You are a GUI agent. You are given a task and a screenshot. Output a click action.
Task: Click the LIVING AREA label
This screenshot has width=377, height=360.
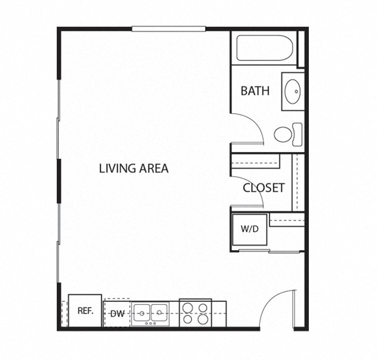click(x=134, y=168)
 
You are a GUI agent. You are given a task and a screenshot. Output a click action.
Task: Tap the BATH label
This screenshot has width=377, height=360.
click(x=255, y=91)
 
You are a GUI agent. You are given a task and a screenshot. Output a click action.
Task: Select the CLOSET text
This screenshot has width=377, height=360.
click(x=264, y=188)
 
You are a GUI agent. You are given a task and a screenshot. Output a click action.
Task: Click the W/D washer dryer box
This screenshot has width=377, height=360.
click(x=249, y=230)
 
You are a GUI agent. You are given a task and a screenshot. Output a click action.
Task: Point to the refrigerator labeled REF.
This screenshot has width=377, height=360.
click(x=85, y=310)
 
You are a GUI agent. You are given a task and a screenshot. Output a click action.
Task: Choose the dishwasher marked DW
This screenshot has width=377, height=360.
click(x=117, y=314)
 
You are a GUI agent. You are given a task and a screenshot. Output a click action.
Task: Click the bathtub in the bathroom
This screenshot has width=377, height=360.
click(x=264, y=48)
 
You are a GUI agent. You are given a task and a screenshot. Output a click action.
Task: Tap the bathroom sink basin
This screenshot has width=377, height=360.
click(x=293, y=92)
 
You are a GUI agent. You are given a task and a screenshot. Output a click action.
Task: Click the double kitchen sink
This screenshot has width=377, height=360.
click(x=150, y=313)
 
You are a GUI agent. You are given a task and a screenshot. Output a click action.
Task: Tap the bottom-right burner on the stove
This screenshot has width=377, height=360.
click(x=203, y=319)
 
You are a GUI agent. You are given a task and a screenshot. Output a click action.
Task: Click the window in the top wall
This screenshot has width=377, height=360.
click(x=168, y=29)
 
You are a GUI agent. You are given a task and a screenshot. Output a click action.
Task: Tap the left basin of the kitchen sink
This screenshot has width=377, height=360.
click(x=142, y=313)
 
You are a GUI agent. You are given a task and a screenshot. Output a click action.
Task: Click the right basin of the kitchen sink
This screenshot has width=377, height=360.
click(x=159, y=313)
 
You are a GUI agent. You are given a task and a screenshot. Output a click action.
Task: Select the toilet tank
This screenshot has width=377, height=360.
click(x=298, y=134)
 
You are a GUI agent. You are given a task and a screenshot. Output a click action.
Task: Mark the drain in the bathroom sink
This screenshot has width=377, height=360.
click(x=296, y=92)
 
